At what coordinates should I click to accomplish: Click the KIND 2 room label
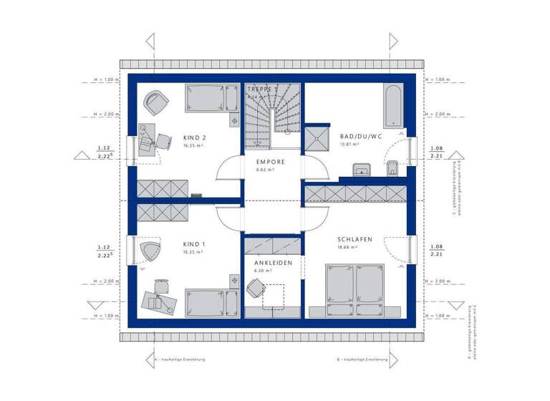click(194, 137)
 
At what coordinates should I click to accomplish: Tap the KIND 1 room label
click(194, 244)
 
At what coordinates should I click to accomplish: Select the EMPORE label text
click(271, 162)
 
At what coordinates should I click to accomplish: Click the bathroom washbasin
click(361, 169)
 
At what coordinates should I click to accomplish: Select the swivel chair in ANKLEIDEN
click(256, 288)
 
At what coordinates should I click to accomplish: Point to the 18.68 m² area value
click(347, 247)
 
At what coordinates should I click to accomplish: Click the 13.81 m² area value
click(349, 144)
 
